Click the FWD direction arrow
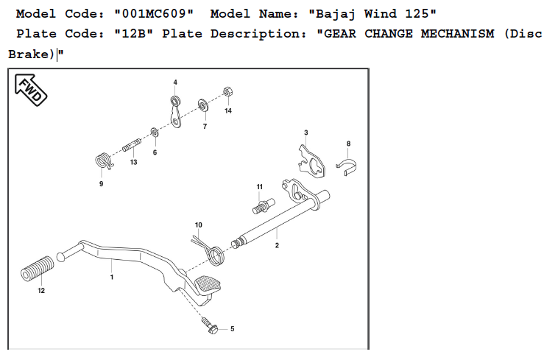coord(29,91)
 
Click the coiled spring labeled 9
coord(103,159)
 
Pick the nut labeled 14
coord(227,93)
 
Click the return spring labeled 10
coord(214,250)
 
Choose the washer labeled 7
coord(202,105)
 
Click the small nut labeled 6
coord(155,133)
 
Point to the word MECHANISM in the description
coord(440,35)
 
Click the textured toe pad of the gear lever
coord(208,283)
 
